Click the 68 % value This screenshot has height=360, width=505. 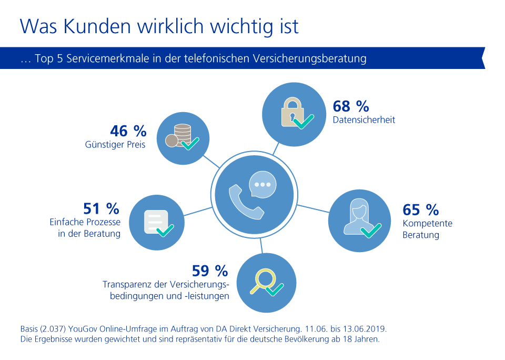tap(350, 106)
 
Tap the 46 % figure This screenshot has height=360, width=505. tap(128, 131)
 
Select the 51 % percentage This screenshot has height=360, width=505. tap(101, 208)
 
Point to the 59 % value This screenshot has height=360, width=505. tap(210, 271)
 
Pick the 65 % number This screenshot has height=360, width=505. tap(420, 209)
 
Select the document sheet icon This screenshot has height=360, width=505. tap(156, 221)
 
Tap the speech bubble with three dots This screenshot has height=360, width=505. tap(262, 184)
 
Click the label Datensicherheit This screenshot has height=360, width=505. tap(363, 120)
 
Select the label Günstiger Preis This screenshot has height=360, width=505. tap(115, 144)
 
